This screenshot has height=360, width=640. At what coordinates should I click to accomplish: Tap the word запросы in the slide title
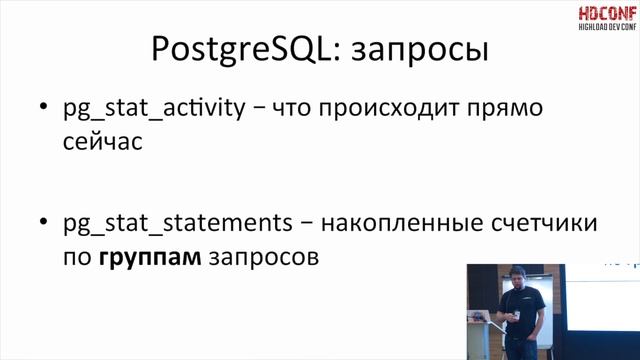[x=427, y=51]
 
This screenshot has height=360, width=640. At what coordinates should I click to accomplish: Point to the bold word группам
[x=150, y=258]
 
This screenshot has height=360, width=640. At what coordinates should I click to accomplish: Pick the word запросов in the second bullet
[x=263, y=258]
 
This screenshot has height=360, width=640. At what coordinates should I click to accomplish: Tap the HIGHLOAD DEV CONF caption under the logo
[x=605, y=29]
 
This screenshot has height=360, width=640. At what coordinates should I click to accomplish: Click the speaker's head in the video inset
[x=519, y=276]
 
